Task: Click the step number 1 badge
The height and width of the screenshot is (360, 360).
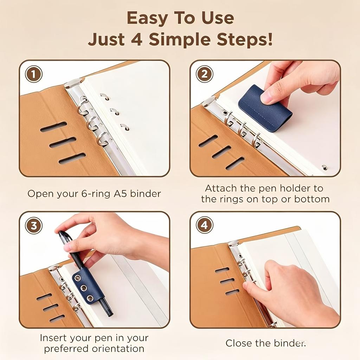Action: (33, 74)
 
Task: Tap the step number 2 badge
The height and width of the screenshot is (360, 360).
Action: (204, 74)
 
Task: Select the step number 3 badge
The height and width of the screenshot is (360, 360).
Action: (33, 225)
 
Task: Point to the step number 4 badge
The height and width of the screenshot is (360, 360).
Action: (204, 225)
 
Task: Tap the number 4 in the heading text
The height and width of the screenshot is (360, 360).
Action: (137, 39)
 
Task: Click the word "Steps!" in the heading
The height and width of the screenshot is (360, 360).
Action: (245, 39)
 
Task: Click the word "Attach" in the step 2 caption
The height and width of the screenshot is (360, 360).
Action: (221, 188)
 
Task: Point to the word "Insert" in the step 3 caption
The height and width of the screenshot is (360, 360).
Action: (53, 338)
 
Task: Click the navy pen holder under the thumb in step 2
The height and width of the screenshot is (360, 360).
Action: (264, 108)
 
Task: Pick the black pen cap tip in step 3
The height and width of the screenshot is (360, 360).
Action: (61, 233)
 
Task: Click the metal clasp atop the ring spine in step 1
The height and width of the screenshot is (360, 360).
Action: (73, 83)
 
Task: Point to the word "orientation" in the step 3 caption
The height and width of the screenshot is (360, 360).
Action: (119, 348)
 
